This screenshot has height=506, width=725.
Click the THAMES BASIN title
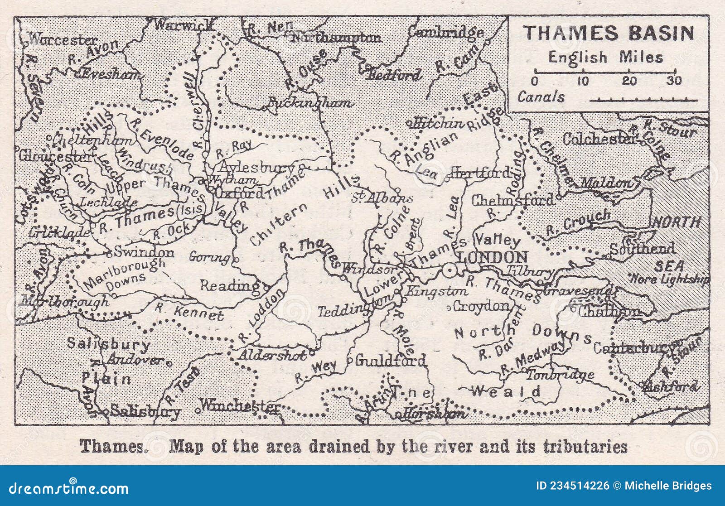click(609, 34)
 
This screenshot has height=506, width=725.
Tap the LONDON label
click(493, 257)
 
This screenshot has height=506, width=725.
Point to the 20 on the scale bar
click(628, 81)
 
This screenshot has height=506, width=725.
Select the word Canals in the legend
click(541, 97)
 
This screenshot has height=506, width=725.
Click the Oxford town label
click(239, 193)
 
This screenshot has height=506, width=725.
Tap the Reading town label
click(230, 286)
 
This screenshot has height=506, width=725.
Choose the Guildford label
click(390, 361)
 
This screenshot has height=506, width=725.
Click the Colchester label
click(600, 139)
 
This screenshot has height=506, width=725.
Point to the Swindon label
click(144, 252)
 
